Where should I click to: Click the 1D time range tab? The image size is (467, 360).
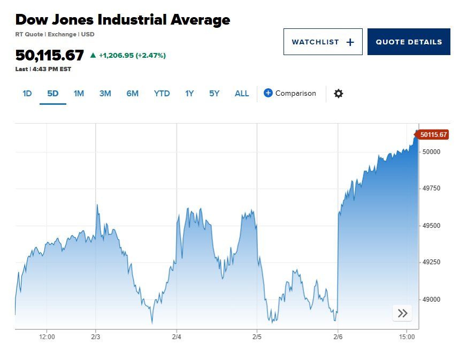pos(27,94)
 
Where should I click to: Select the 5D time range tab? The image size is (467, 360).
pos(52,94)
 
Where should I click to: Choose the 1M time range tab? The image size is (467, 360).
pos(79,94)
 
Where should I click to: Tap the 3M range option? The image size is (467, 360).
pos(105,94)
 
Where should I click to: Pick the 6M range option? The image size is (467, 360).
pos(132,94)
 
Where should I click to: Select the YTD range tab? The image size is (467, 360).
pos(162,94)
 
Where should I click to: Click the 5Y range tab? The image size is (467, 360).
pos(214,94)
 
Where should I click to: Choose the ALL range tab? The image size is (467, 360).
pos(242,94)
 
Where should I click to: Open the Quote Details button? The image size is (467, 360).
pos(409,42)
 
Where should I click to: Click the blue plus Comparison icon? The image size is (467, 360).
pos(269,93)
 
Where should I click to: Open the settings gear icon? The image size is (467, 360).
pos(338,94)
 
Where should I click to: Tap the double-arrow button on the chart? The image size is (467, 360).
pos(402,313)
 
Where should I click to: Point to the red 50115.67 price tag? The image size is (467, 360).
pos(433,135)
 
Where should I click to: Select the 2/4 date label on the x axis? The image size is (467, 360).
pos(177,337)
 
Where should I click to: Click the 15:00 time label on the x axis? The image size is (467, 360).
pos(407,337)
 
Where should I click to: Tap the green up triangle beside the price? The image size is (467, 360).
pos(93,55)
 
